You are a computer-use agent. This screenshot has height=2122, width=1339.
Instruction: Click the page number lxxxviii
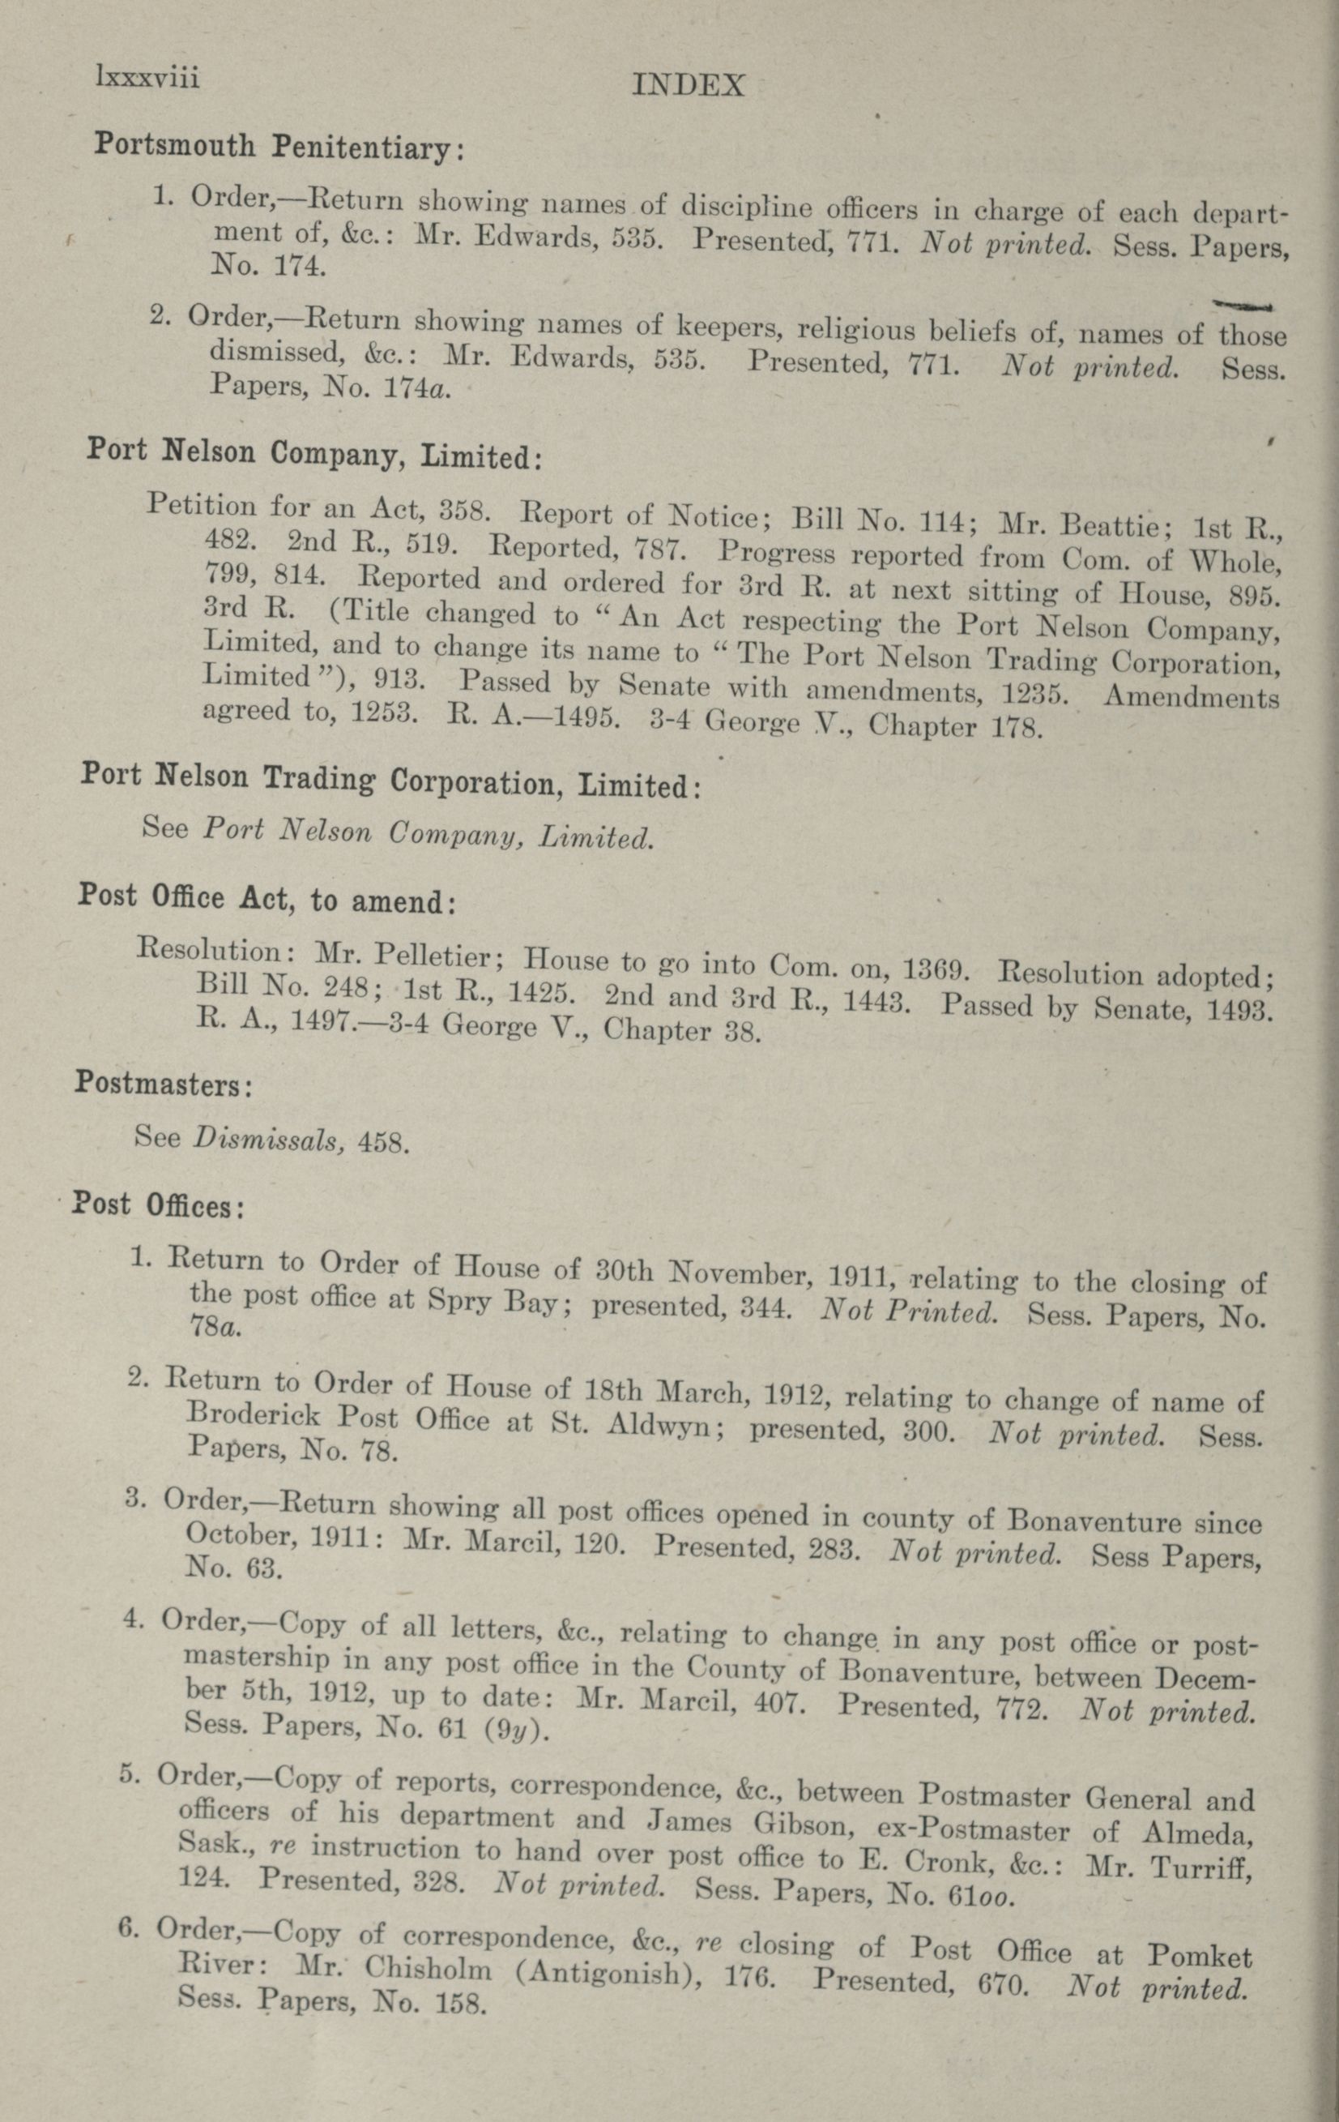click(148, 79)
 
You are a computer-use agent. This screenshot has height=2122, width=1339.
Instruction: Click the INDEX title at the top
click(689, 84)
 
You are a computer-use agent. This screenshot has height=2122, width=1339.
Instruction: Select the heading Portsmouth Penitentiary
click(279, 146)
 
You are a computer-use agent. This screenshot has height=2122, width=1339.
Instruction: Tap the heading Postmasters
click(164, 1082)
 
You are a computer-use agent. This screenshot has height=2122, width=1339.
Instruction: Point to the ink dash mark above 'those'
click(1241, 305)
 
